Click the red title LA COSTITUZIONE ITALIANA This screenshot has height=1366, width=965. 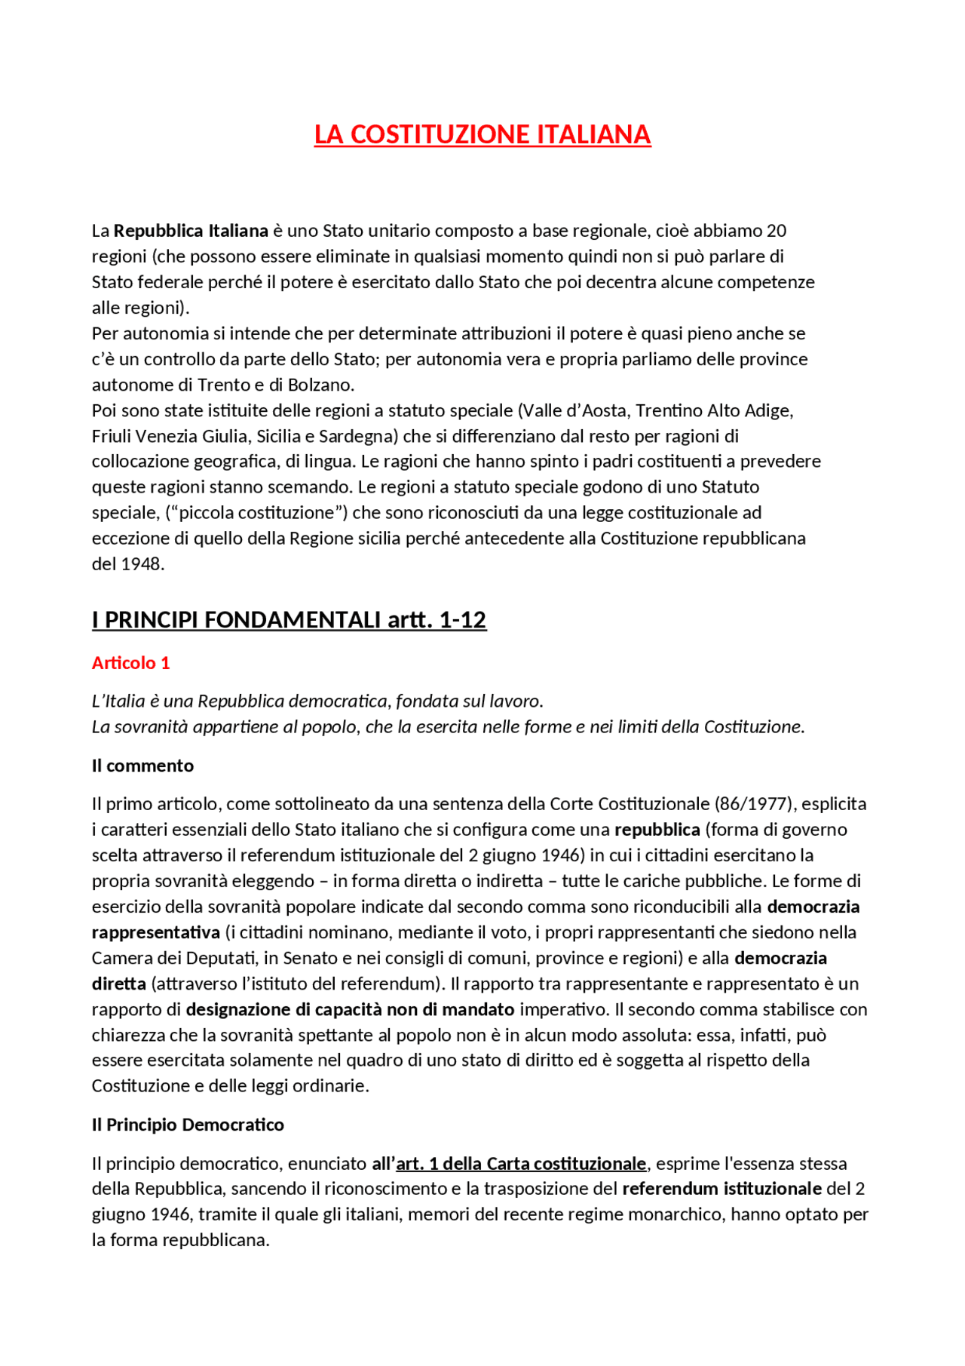click(482, 134)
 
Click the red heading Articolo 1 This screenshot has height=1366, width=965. click(130, 663)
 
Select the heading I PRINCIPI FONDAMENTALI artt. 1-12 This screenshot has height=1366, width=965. click(289, 620)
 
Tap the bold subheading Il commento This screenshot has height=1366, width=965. click(142, 766)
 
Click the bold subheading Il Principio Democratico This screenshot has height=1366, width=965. click(188, 1125)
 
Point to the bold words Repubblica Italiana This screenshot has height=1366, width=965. click(191, 231)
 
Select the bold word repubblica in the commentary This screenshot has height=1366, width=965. click(657, 830)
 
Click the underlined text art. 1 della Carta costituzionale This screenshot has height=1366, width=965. click(521, 1164)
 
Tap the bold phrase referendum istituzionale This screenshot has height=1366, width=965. click(721, 1189)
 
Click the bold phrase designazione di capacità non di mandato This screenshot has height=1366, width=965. click(350, 1009)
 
